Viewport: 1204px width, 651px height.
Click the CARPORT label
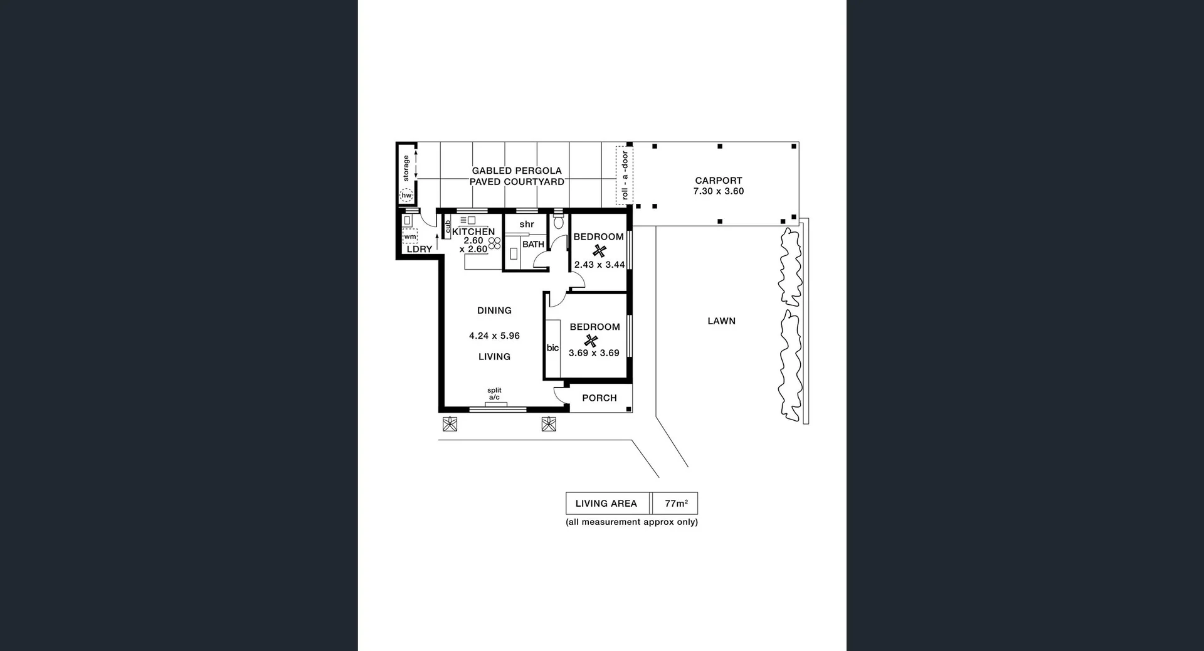(718, 181)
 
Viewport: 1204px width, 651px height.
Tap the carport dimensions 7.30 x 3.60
(718, 191)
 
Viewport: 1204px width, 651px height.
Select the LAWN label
(721, 321)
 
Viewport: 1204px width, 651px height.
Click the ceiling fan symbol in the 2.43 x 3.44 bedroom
(599, 251)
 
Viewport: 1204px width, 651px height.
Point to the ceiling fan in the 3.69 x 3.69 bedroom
(591, 341)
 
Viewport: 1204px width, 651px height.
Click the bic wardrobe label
(552, 348)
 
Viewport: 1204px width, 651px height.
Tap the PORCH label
(599, 398)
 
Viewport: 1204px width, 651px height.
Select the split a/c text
(494, 394)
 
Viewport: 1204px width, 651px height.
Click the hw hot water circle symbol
(406, 196)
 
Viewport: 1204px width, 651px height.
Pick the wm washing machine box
(409, 237)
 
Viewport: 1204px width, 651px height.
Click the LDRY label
(419, 249)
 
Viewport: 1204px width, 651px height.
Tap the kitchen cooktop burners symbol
(494, 243)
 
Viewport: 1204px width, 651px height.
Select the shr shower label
(527, 224)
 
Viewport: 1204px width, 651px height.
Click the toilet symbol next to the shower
(558, 222)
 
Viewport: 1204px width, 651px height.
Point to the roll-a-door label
(625, 176)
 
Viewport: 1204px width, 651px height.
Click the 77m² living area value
(676, 503)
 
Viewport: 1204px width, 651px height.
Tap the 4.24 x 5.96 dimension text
(494, 336)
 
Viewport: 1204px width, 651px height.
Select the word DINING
(494, 310)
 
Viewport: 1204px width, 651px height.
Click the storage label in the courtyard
(406, 168)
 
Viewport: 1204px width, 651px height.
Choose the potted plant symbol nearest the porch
(549, 424)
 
